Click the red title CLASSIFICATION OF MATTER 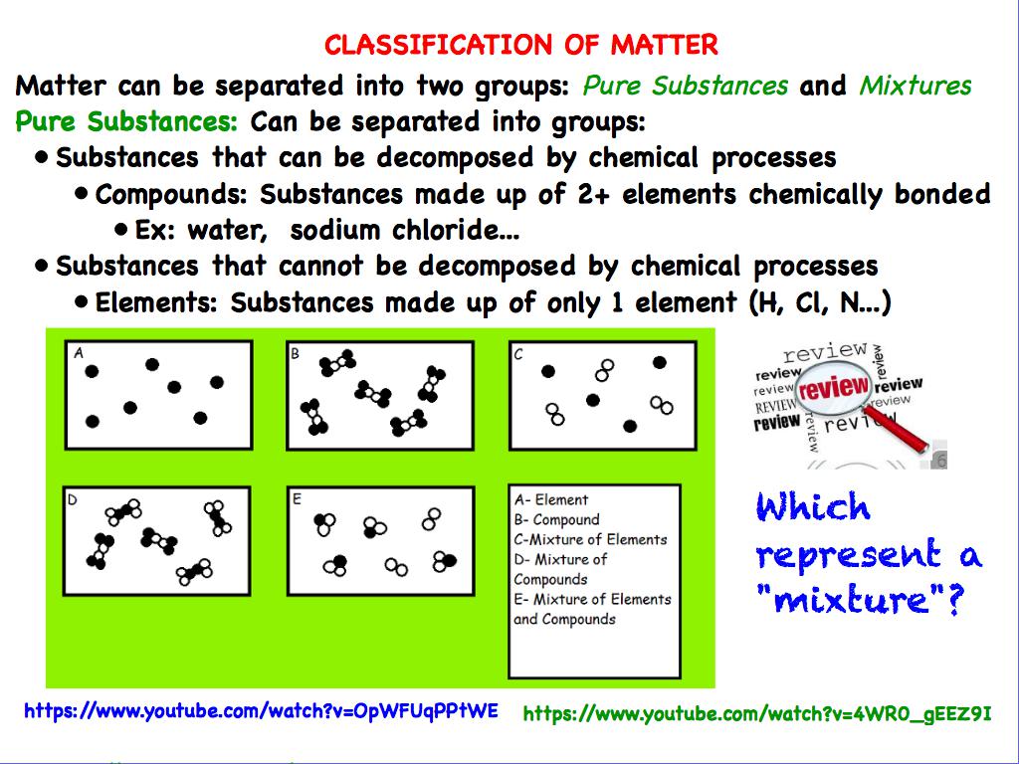tap(520, 45)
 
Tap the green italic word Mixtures tap(915, 86)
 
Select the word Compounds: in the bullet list tap(173, 194)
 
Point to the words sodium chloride tap(412, 231)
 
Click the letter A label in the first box tap(79, 352)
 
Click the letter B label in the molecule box tap(295, 352)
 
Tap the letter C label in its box tap(517, 352)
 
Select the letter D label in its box tap(72, 498)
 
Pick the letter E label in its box tap(296, 498)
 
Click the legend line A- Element tap(551, 500)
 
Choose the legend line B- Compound tap(556, 520)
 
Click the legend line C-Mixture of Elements tap(590, 540)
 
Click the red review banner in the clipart tap(834, 387)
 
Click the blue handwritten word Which tap(813, 508)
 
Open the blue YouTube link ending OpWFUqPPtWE tap(261, 711)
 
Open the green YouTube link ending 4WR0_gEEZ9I tap(756, 713)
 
